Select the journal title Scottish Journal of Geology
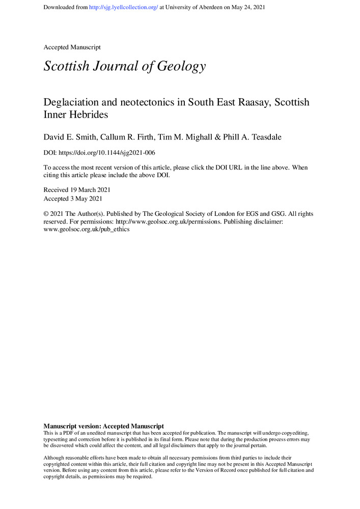tap(125, 66)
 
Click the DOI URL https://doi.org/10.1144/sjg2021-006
tap(108, 153)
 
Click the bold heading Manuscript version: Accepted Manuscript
tap(104, 426)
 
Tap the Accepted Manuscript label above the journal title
tap(72, 47)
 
